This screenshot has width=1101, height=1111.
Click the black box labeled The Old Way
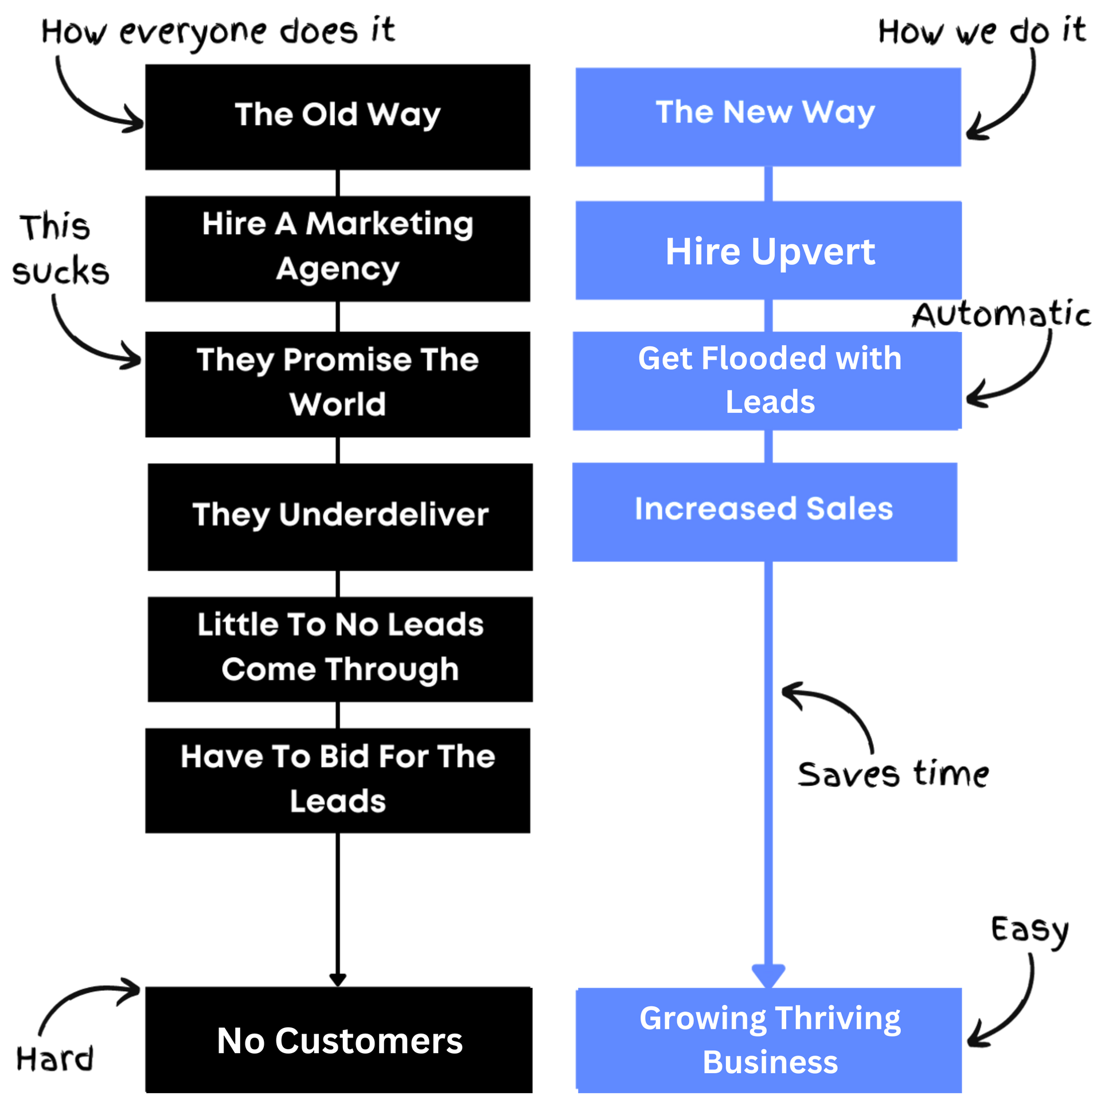coord(338,117)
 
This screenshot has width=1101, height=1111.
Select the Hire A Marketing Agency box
coord(338,248)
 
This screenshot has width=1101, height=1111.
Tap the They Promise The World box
coord(338,384)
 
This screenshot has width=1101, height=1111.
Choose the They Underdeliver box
coord(340,517)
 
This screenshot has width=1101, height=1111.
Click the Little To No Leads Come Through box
coord(340,649)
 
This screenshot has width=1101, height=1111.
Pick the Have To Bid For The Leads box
coord(338,781)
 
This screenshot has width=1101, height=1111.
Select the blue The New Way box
coord(768,118)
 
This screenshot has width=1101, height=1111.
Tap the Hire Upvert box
coord(768,250)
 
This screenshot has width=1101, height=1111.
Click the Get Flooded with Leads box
coord(767,381)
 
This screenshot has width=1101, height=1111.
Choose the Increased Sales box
coord(764,512)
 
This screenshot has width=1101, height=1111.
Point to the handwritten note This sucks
coord(60,250)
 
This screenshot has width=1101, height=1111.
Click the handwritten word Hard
coord(54,1059)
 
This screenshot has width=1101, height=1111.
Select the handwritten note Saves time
coord(893,774)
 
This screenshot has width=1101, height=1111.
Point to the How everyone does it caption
coord(218,33)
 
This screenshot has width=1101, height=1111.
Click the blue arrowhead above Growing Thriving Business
coord(768,976)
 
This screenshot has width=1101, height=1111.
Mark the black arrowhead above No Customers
coord(338,980)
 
